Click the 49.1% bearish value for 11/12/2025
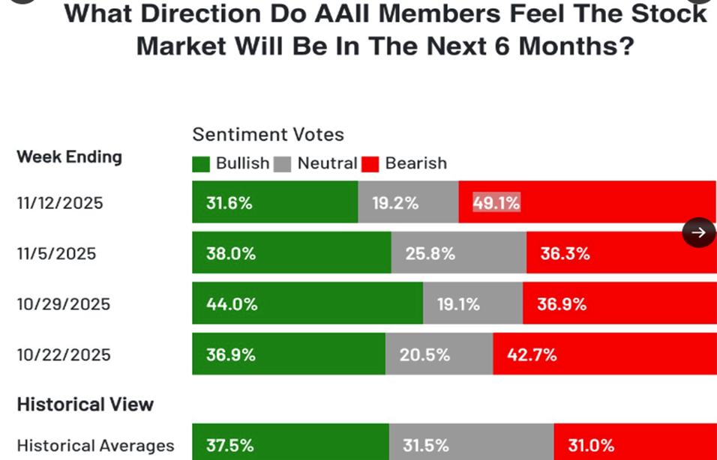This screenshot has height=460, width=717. [496, 203]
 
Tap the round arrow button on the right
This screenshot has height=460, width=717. [698, 232]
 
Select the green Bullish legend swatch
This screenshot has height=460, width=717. [201, 163]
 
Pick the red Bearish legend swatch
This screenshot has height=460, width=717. [370, 163]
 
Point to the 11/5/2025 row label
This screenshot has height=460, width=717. [57, 254]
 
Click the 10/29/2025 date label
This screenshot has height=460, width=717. [64, 304]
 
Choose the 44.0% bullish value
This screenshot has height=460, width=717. [232, 304]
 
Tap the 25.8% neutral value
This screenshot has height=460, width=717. [430, 254]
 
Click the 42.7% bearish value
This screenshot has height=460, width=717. [532, 354]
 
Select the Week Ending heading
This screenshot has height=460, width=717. [69, 157]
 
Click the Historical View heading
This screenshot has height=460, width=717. [85, 405]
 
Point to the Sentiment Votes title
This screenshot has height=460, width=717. [268, 135]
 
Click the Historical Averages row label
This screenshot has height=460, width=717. [95, 446]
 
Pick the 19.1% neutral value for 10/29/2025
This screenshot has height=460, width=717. [458, 304]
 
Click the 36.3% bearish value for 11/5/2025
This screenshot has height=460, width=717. [565, 254]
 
